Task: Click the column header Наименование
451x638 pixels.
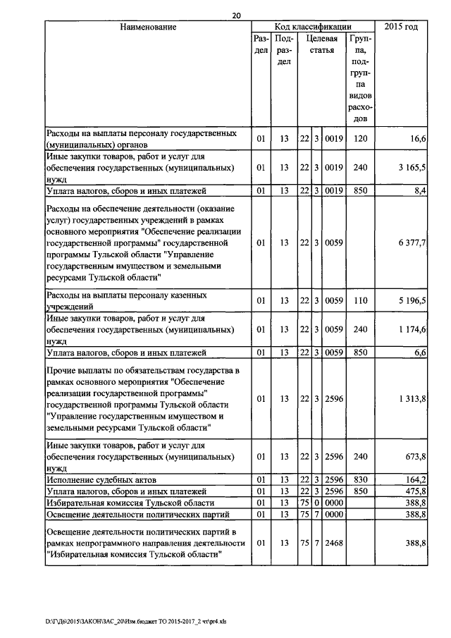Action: (147, 27)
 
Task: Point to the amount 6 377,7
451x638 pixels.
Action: (412, 243)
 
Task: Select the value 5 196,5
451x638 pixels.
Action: (412, 301)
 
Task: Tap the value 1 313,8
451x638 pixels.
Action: (412, 399)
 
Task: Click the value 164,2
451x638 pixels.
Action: (415, 479)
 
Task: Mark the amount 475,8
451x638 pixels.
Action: (415, 491)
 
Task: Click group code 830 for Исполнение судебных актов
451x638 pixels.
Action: (361, 479)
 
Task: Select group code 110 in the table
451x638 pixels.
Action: (361, 301)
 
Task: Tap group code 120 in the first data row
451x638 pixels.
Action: (361, 139)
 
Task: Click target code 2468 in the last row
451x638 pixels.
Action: (333, 544)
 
